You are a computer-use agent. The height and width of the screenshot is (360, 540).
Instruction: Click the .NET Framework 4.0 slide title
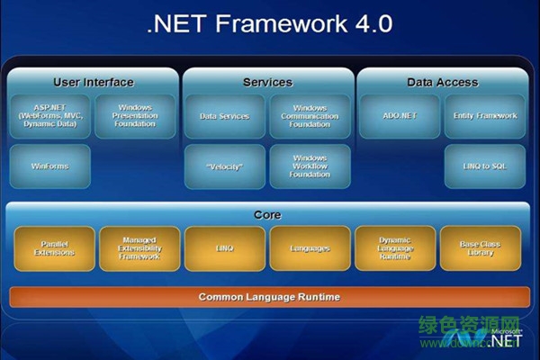(x=269, y=23)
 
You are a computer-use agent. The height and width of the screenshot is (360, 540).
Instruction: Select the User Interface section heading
(x=93, y=83)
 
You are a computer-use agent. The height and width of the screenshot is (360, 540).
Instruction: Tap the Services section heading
(x=267, y=83)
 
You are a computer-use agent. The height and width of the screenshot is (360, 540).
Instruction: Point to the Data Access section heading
(x=442, y=83)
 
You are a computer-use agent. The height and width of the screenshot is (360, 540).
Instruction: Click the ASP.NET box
(x=51, y=116)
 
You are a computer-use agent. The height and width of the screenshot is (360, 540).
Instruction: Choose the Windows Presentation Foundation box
(x=134, y=116)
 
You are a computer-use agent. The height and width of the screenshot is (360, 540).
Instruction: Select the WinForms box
(x=51, y=166)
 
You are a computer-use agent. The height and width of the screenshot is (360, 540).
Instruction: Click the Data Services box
(x=225, y=116)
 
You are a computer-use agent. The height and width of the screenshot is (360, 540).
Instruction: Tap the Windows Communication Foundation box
(x=310, y=116)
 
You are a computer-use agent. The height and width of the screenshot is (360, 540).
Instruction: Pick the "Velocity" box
(x=225, y=166)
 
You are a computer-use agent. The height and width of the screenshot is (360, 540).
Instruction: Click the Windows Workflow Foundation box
(x=310, y=166)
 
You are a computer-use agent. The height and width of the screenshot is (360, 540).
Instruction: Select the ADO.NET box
(x=399, y=116)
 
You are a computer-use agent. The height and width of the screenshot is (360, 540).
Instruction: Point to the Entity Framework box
(x=485, y=116)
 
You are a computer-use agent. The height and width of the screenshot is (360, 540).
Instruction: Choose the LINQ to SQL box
(x=485, y=166)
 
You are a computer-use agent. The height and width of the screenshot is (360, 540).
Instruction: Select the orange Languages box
(x=224, y=248)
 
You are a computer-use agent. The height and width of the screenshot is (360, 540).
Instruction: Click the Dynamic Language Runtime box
(x=310, y=248)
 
